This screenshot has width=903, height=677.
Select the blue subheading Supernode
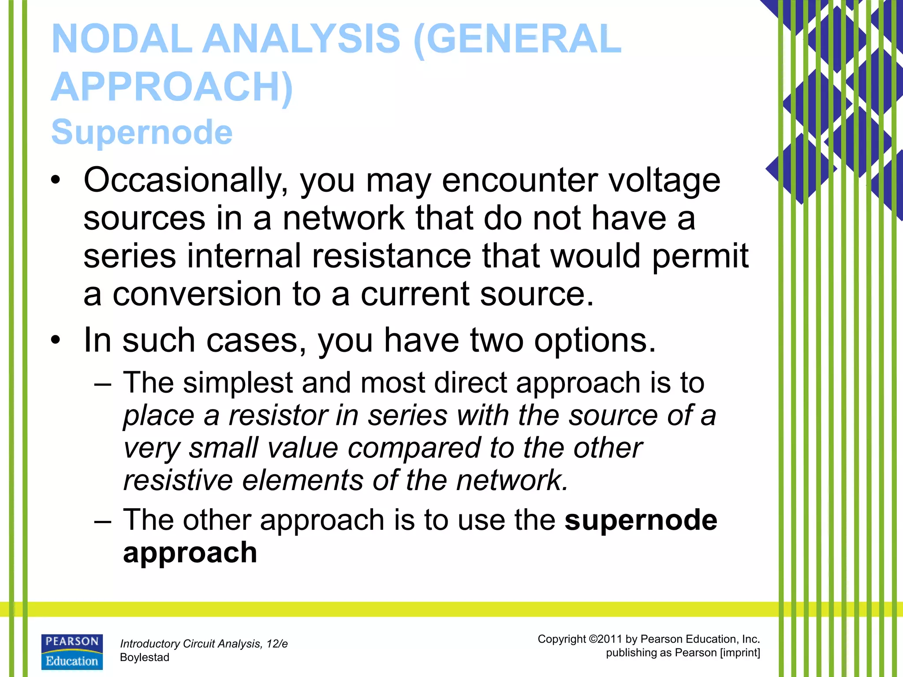pos(142,132)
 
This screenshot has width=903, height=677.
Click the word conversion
pos(197,294)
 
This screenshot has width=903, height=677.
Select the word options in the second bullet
pos(595,341)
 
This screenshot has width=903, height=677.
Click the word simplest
pos(238,383)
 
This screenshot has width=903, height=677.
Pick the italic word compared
pos(414,448)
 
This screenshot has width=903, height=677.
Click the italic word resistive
pos(178,480)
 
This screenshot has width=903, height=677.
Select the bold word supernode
pos(641,521)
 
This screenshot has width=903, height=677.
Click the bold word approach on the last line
pos(190,553)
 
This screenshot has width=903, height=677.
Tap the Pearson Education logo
pos(72,652)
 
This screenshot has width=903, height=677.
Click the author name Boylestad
pos(145,658)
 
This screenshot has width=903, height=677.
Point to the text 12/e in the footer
pos(277,644)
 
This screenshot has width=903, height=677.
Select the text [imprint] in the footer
pos(739,653)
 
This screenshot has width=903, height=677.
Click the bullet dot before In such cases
pos(55,340)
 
